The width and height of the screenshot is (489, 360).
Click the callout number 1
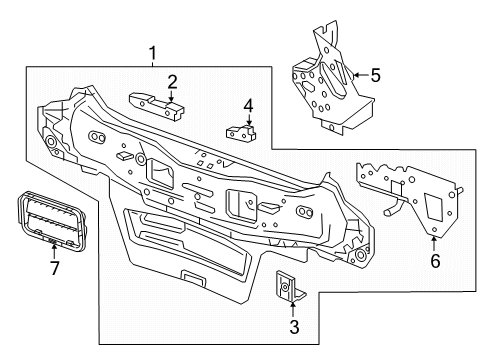pos(152,51)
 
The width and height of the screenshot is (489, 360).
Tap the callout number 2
pos(172,81)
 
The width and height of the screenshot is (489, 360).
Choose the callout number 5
pos(375,73)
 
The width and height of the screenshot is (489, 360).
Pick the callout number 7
pos(54,268)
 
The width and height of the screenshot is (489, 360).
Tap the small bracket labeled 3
pos(287,286)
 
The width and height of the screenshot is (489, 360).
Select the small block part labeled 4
pos(239,131)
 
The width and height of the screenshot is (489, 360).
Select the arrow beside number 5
pos(359,73)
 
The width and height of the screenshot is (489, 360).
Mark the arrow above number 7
pos(54,250)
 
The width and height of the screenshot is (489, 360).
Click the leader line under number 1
pos(152,62)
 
